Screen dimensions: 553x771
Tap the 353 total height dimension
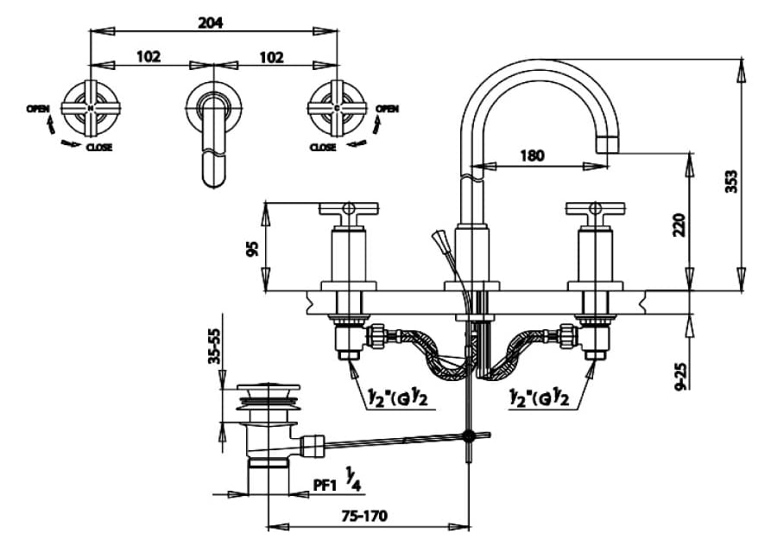[x=731, y=181]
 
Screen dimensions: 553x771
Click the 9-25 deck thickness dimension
[x=679, y=373]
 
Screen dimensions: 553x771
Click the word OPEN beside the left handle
[x=37, y=108]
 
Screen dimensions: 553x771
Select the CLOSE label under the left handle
[x=98, y=148]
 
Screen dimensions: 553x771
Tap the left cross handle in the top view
[x=91, y=109]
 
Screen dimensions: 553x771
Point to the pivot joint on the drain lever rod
[x=470, y=436]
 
